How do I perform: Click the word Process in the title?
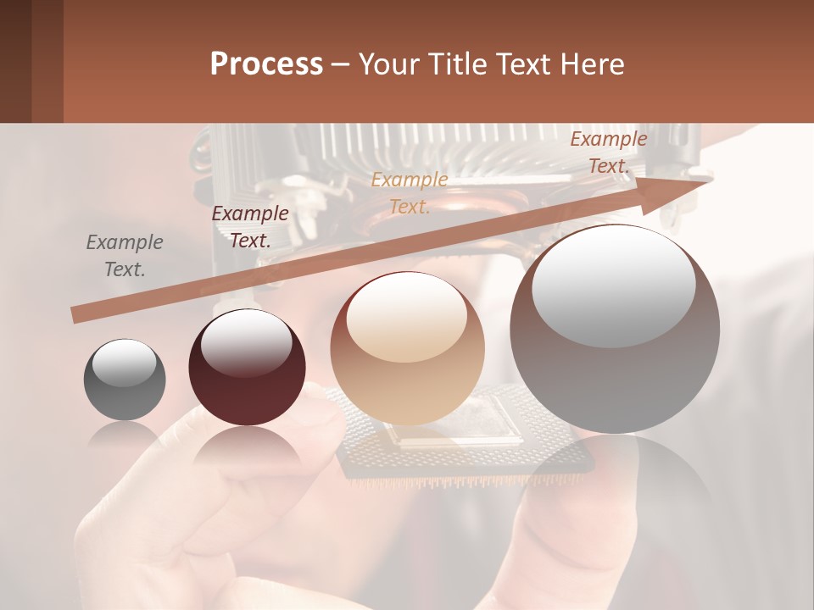pyautogui.click(x=266, y=64)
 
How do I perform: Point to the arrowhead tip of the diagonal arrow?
pyautogui.click(x=711, y=179)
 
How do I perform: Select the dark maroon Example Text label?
pyautogui.click(x=249, y=227)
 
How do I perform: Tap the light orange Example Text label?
pyautogui.click(x=410, y=193)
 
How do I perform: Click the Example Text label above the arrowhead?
pyautogui.click(x=608, y=152)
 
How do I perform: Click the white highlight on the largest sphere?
pyautogui.click(x=613, y=286)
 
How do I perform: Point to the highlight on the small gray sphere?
pyautogui.click(x=124, y=363)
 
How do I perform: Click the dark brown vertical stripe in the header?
pyautogui.click(x=15, y=61)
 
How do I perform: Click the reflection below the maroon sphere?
pyautogui.click(x=247, y=449)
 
